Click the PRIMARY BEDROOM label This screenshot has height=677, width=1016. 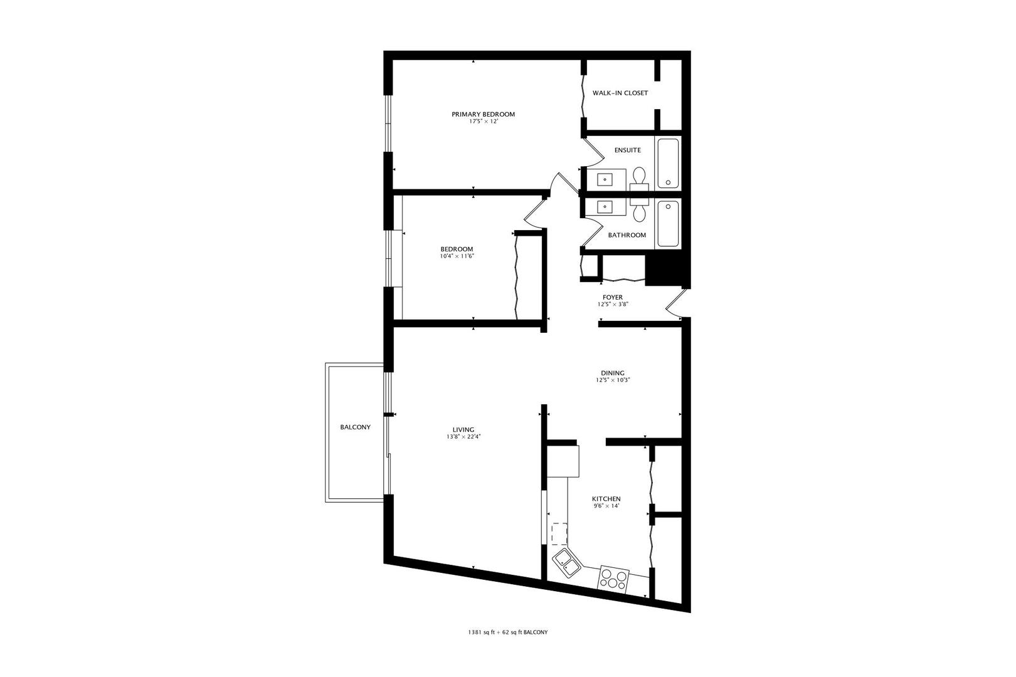(483, 114)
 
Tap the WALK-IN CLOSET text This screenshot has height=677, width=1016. (620, 93)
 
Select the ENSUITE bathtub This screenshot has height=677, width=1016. (668, 163)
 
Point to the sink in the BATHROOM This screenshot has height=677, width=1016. (605, 206)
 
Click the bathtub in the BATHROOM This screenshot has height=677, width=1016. (668, 224)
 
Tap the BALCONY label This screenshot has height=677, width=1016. (355, 428)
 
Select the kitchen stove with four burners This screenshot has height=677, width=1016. (613, 578)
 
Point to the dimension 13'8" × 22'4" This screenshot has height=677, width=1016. (463, 437)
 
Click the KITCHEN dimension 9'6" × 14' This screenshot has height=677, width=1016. (606, 506)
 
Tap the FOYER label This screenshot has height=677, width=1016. (612, 297)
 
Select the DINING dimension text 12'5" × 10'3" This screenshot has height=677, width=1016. (612, 380)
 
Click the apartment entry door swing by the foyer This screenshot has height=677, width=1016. (676, 303)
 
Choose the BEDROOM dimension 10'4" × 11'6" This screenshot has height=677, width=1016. (457, 256)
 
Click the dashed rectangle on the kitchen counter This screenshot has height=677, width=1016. (559, 535)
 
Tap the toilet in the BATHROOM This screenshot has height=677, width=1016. (639, 211)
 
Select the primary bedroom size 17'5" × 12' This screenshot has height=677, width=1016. (483, 122)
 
